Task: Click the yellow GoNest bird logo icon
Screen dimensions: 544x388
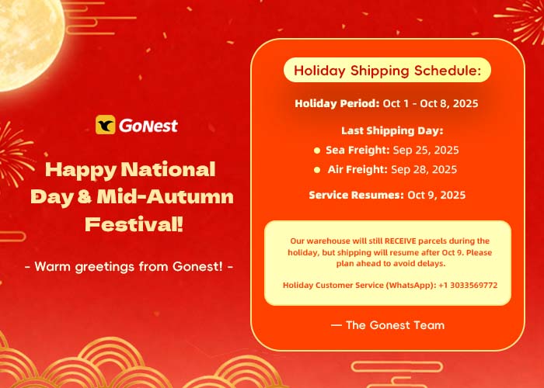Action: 106,125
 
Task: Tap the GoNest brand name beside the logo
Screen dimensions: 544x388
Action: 148,126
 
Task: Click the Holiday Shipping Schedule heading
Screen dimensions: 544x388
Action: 387,71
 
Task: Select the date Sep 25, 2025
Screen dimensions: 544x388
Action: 426,150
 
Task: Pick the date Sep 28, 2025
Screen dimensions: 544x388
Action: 424,169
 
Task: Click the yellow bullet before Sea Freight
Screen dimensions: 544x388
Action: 317,151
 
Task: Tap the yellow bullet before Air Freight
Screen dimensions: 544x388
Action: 317,170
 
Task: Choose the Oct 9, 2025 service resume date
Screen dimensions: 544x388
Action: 437,195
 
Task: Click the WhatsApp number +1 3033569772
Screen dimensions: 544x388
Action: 468,285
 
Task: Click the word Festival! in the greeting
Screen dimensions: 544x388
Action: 134,223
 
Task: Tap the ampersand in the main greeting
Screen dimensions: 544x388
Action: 85,196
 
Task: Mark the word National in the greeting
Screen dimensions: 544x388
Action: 169,169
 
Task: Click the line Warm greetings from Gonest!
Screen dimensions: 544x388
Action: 129,266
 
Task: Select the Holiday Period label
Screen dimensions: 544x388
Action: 337,103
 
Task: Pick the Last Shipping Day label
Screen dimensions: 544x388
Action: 392,130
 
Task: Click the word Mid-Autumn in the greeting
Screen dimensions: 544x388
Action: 165,196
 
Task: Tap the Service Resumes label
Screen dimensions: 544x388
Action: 356,195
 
